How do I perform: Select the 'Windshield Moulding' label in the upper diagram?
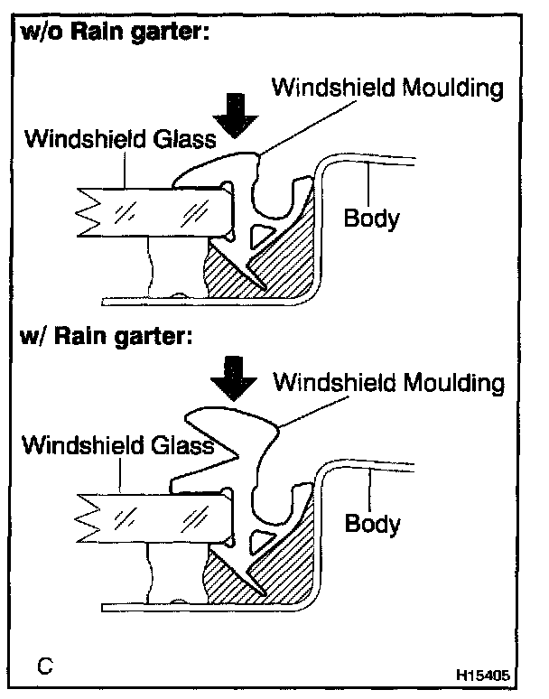386,89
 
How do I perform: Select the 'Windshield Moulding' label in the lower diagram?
388,382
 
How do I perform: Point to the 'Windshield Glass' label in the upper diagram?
120,139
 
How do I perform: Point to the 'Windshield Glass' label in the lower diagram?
118,444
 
